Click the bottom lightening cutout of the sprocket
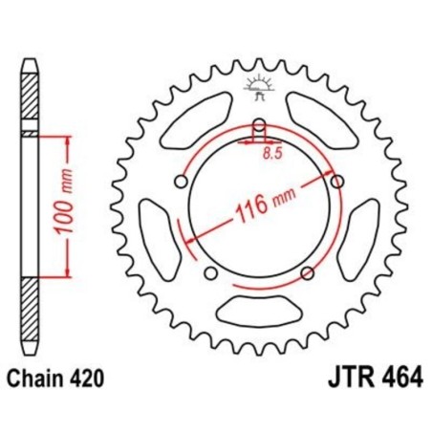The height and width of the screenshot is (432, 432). pyautogui.click(x=257, y=308)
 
